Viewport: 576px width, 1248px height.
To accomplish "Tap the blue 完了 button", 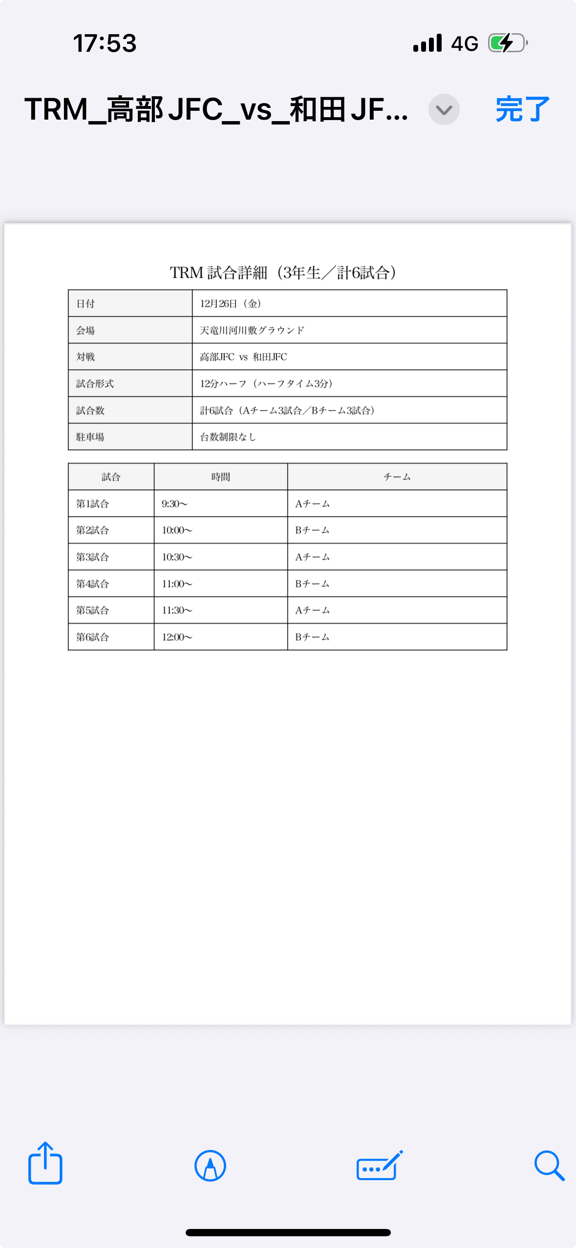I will tap(522, 109).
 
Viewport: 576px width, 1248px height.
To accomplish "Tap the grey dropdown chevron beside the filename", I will tap(444, 109).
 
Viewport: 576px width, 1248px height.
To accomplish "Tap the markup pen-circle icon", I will tap(210, 1165).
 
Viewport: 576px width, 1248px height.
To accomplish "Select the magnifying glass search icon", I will tap(549, 1165).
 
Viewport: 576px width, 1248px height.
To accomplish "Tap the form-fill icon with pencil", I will tap(379, 1165).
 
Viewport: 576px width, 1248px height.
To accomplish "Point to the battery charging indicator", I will tap(507, 43).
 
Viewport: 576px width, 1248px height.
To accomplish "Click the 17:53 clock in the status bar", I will tap(105, 43).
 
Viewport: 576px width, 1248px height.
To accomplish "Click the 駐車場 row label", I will tap(90, 437).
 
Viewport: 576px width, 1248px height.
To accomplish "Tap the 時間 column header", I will tap(221, 477).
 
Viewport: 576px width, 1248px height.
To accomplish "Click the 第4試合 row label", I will tap(92, 584).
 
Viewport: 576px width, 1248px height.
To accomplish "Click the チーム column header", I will tap(397, 477).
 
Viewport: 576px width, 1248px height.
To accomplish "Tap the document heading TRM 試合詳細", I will tap(283, 272).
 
